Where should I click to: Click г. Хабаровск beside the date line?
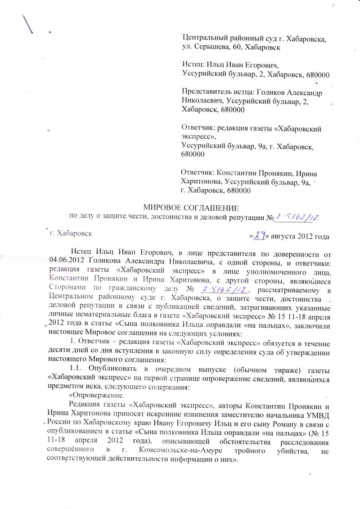(72, 234)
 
